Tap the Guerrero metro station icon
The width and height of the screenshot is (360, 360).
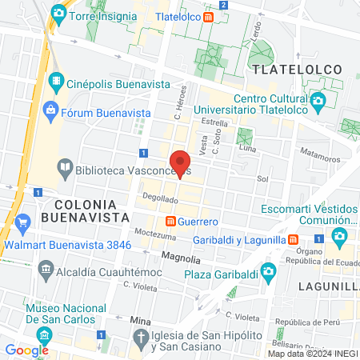tap(170, 221)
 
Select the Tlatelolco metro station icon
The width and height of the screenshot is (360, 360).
tap(208, 16)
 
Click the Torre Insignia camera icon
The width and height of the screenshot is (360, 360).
tap(58, 14)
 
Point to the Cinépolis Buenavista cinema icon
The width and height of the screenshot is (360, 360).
tap(56, 80)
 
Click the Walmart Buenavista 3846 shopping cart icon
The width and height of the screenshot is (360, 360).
tap(22, 222)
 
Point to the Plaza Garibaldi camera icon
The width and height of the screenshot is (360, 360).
tap(269, 274)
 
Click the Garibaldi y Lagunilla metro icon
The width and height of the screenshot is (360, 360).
tap(294, 239)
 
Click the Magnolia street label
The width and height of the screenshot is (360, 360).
tap(181, 258)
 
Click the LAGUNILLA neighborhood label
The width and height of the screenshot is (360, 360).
tap(328, 285)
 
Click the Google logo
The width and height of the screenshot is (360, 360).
tap(26, 350)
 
